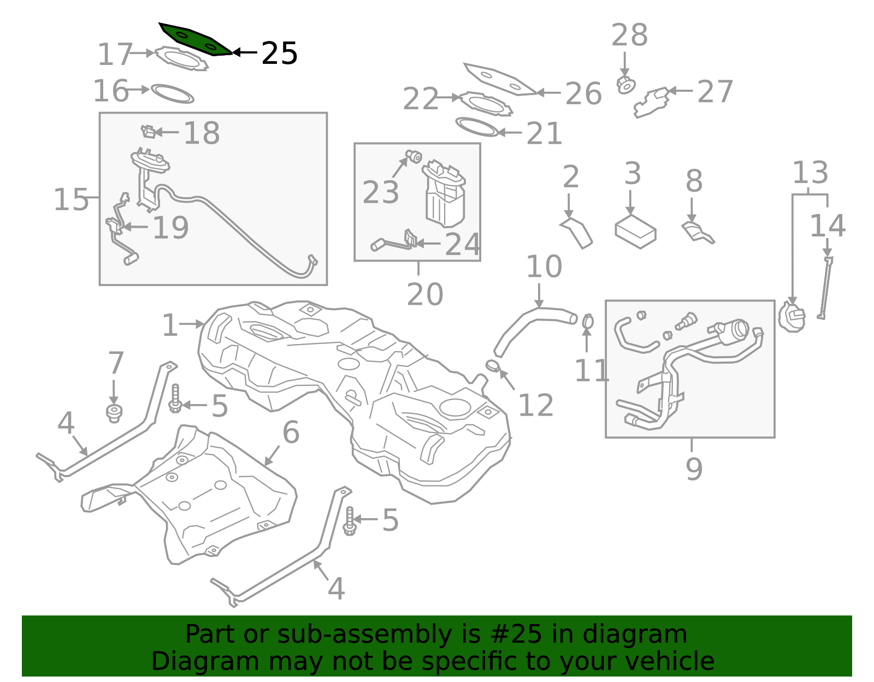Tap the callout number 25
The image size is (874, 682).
pos(279,54)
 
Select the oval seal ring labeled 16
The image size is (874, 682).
pos(172,93)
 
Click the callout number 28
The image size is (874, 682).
pos(629,35)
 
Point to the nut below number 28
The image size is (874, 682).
pos(626,86)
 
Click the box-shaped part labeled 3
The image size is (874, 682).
pos(635,232)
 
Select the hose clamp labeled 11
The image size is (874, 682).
pos(588,322)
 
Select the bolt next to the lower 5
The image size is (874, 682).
pos(350,521)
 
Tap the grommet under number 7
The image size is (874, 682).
pos(114,413)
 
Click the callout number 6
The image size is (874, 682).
pos(291,432)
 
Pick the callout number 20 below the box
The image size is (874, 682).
pos(424,295)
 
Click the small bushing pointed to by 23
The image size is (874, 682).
pos(414,157)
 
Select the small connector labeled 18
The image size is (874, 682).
pos(148,132)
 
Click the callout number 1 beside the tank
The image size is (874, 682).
pos(170,326)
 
